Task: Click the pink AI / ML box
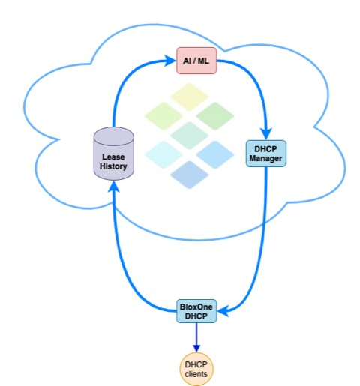point(196,61)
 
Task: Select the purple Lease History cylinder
point(114,154)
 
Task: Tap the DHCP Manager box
point(266,154)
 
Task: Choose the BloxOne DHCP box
point(196,311)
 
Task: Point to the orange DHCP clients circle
point(196,369)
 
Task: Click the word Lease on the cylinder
point(113,157)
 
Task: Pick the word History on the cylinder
point(113,166)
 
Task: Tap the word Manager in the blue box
point(265,158)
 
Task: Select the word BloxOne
point(196,307)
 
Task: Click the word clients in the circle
point(196,374)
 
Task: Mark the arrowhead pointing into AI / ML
point(170,61)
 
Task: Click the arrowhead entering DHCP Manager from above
point(266,133)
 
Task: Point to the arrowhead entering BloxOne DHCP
point(223,311)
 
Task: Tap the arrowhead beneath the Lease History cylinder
point(114,187)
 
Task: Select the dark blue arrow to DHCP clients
point(196,337)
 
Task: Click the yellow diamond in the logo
point(189,97)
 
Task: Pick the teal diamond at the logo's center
point(189,136)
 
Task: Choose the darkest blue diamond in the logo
point(189,175)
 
